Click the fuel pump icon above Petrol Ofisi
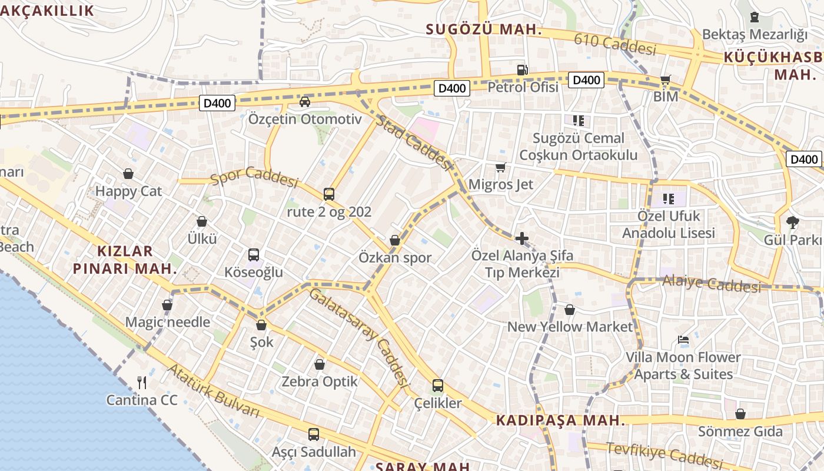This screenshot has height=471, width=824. click(x=522, y=70)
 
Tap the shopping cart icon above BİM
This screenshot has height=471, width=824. click(x=666, y=80)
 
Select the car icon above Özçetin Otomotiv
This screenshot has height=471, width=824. click(x=305, y=102)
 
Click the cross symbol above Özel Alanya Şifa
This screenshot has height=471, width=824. click(x=521, y=238)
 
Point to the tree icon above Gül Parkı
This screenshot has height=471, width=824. click(x=792, y=223)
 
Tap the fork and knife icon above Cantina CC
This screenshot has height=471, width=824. click(x=142, y=383)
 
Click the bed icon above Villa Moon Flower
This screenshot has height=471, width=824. click(x=683, y=340)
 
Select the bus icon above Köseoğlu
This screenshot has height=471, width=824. click(x=254, y=255)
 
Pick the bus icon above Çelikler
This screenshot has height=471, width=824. click(x=438, y=386)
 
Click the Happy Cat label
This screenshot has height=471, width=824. click(x=128, y=191)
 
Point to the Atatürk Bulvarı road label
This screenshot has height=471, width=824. click(x=214, y=392)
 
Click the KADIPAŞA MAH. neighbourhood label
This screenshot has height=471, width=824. click(x=560, y=420)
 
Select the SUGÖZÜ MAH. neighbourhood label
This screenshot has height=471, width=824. click(x=483, y=29)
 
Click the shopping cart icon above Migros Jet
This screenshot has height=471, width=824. click(x=500, y=168)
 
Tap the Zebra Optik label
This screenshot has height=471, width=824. click(x=320, y=382)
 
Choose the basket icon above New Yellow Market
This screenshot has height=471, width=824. click(x=570, y=310)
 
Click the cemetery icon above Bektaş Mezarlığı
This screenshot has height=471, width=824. click(x=755, y=17)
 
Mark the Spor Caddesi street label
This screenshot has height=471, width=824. click(x=254, y=176)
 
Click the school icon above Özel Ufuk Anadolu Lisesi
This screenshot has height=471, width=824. click(x=668, y=199)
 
